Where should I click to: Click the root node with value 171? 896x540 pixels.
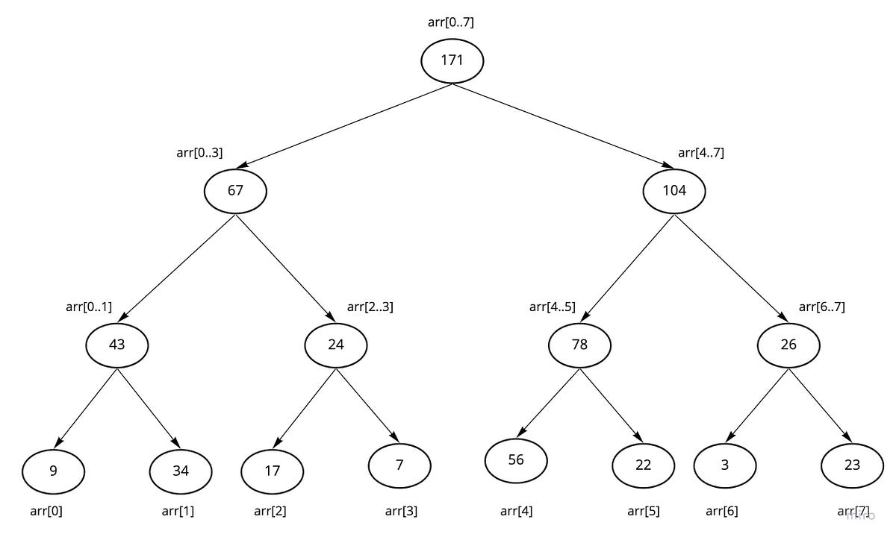(452, 60)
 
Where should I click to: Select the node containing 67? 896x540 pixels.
(235, 190)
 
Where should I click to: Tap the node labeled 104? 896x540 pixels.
(674, 190)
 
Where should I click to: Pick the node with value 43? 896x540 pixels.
(116, 345)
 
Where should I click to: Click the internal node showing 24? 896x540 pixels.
(335, 345)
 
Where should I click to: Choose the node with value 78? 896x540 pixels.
(579, 345)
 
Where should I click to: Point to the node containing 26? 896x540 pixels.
(788, 345)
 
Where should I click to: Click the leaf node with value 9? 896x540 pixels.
(53, 471)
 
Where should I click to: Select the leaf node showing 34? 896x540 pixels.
(181, 471)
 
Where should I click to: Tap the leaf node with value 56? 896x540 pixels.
(516, 460)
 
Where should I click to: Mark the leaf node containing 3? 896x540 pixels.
(724, 465)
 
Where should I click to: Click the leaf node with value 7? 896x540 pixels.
(399, 465)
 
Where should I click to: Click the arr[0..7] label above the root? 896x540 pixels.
(451, 22)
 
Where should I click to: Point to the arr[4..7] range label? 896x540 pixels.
(700, 153)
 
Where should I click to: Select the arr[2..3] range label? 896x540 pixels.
(370, 307)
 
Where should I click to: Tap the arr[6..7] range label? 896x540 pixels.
(821, 307)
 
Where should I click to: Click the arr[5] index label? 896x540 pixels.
(643, 512)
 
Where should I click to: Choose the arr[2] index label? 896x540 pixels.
(270, 512)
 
